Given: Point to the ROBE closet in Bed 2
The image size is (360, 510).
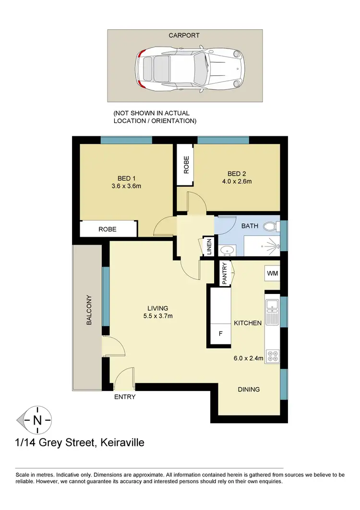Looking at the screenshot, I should [x=186, y=165].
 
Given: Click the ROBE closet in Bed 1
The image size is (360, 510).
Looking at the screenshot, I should [x=108, y=229].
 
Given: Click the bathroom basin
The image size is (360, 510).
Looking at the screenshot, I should [x=227, y=250].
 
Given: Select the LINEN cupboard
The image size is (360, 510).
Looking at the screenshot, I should [x=208, y=247].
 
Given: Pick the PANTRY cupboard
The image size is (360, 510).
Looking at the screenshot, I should [x=224, y=273].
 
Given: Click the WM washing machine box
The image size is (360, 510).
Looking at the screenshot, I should [x=272, y=273].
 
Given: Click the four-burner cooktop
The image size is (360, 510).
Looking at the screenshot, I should [x=272, y=355].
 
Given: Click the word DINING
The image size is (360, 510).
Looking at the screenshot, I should [x=249, y=389].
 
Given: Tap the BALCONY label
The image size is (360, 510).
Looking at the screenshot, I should [x=89, y=310].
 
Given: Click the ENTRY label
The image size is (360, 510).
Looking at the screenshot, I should [x=125, y=397].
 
